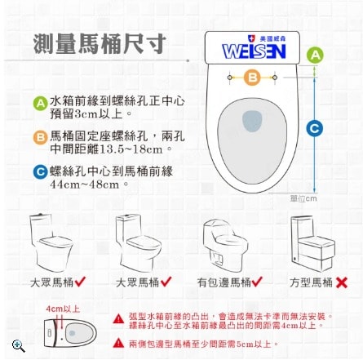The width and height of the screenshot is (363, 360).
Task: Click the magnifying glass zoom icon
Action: (18, 345)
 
